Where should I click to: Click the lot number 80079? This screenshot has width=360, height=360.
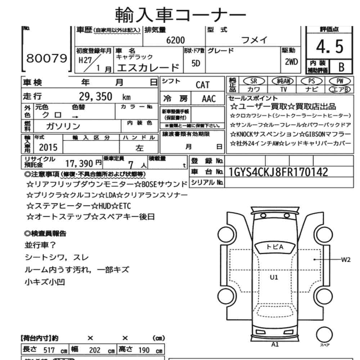pyautogui.click(x=46, y=58)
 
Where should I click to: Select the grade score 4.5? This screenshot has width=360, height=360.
pyautogui.click(x=330, y=46)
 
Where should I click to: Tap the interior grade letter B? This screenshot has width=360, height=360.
pyautogui.click(x=341, y=67)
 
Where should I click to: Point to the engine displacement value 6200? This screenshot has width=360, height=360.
pyautogui.click(x=175, y=40)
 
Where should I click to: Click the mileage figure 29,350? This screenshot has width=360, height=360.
pyautogui.click(x=96, y=96)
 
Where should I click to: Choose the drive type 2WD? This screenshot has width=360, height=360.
pyautogui.click(x=291, y=62)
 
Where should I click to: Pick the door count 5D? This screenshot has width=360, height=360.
pyautogui.click(x=195, y=63)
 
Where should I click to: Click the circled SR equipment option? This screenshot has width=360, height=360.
pyautogui.click(x=254, y=81)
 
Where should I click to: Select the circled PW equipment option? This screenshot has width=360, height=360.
pyautogui.click(x=340, y=81)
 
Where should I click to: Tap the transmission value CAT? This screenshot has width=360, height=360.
pyautogui.click(x=202, y=85)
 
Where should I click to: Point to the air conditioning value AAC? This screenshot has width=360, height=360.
pyautogui.click(x=209, y=99)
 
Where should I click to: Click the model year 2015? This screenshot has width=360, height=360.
pyautogui.click(x=48, y=147)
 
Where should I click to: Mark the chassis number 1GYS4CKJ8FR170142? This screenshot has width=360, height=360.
pyautogui.click(x=278, y=172)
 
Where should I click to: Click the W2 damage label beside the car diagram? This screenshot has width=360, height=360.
pyautogui.click(x=346, y=260)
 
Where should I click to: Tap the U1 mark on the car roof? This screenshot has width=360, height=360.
pyautogui.click(x=274, y=277)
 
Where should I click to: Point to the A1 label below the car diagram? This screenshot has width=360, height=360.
pyautogui.click(x=275, y=345)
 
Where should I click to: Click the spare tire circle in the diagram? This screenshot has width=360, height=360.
pyautogui.click(x=324, y=335)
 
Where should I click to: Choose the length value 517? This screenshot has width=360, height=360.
pyautogui.click(x=49, y=350)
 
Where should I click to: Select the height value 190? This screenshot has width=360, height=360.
pyautogui.click(x=144, y=350)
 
